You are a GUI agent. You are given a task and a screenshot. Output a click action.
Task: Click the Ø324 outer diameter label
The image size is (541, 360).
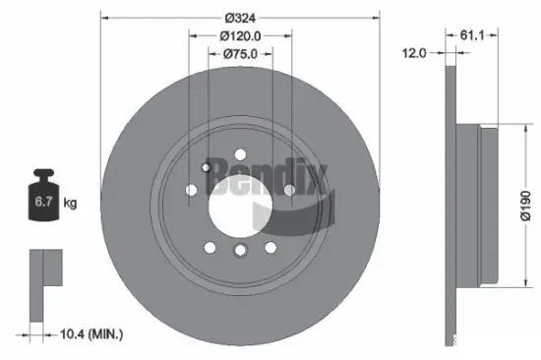[240, 18]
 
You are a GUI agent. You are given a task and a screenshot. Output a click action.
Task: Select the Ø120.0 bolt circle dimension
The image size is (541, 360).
[240, 35]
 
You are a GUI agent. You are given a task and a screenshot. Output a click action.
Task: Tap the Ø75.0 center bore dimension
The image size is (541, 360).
[240, 54]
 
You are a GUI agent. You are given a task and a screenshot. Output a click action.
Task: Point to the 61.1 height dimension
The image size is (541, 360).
[472, 34]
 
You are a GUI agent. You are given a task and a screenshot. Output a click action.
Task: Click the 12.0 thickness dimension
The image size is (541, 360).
[414, 53]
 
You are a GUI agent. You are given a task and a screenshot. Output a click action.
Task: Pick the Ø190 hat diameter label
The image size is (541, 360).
[526, 206]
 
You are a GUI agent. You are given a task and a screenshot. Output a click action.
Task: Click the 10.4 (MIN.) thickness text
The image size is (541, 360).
[91, 333]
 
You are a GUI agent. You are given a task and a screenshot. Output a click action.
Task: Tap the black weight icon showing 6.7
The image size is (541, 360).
[43, 195]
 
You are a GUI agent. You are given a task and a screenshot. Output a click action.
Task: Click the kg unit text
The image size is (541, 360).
[70, 203]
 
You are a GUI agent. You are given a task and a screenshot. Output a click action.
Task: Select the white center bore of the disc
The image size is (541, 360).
[240, 208]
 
